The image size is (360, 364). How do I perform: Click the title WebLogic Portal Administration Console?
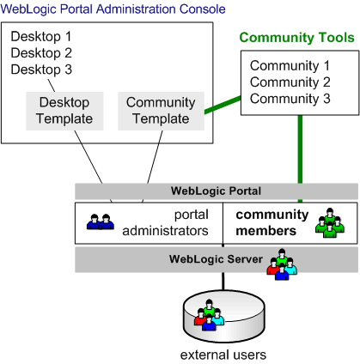coord(113,9)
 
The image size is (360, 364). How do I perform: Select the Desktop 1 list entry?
coord(40,37)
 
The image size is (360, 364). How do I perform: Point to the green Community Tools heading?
coord(296,38)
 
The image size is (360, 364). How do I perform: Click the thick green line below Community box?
coord(300,150)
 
